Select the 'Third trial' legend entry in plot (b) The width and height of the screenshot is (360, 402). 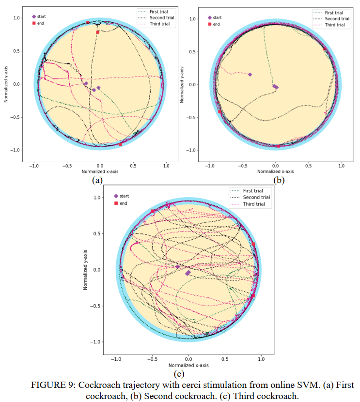click(334, 25)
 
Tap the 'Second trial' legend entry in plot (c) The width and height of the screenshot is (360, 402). click(255, 197)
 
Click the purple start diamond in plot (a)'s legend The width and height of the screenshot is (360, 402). click(33, 16)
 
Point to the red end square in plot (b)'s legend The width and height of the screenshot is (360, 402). click(209, 24)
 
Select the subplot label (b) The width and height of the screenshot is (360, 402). click(279, 180)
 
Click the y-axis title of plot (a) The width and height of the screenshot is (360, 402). click(6, 84)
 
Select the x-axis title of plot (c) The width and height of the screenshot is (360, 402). click(188, 365)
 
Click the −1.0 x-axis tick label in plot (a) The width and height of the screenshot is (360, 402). click(33, 166)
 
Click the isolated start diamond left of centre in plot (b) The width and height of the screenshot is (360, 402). click(250, 75)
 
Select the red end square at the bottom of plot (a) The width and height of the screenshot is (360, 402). click(120, 144)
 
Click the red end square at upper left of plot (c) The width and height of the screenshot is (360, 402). click(153, 211)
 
